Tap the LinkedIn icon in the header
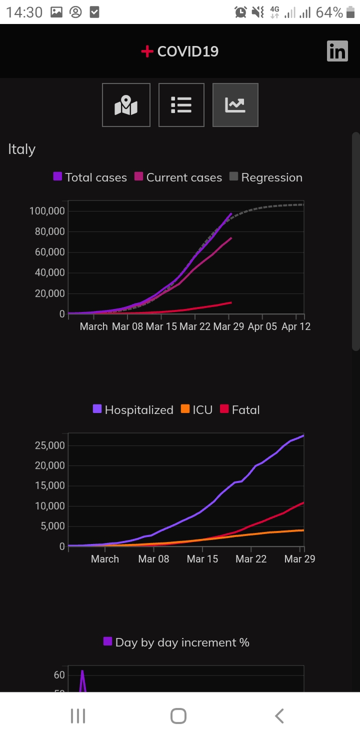tap(337, 51)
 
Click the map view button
tap(126, 105)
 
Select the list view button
tap(181, 105)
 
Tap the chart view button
tap(235, 105)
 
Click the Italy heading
tap(22, 149)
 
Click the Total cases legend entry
tap(90, 177)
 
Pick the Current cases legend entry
tap(178, 177)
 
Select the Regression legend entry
tap(266, 177)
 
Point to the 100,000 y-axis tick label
tap(47, 211)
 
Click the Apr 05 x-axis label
tap(262, 326)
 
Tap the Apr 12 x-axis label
tap(296, 326)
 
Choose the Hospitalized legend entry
tap(133, 410)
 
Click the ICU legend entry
tap(196, 410)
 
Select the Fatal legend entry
tap(240, 410)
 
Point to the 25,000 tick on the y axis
tap(50, 445)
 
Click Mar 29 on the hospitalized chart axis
tap(299, 559)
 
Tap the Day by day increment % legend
tap(176, 642)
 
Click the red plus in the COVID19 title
tap(147, 51)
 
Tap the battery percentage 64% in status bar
tap(329, 12)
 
